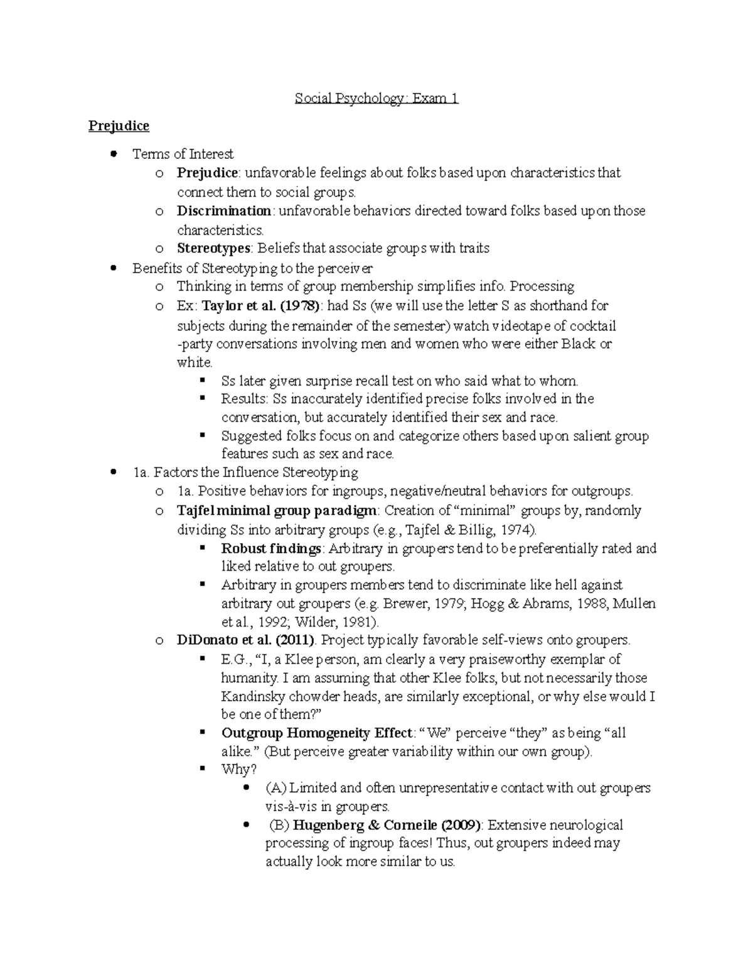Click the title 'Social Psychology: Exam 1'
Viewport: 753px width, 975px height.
point(376,99)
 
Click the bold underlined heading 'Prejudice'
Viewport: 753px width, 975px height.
point(119,126)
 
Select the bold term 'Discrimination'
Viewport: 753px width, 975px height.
point(223,211)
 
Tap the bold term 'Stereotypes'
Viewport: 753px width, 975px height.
point(213,248)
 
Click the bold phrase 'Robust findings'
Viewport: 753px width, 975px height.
point(271,548)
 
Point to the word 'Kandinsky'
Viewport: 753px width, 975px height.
point(249,696)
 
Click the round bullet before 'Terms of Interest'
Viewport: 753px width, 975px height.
point(114,154)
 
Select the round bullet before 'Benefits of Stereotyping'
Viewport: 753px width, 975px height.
point(114,268)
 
